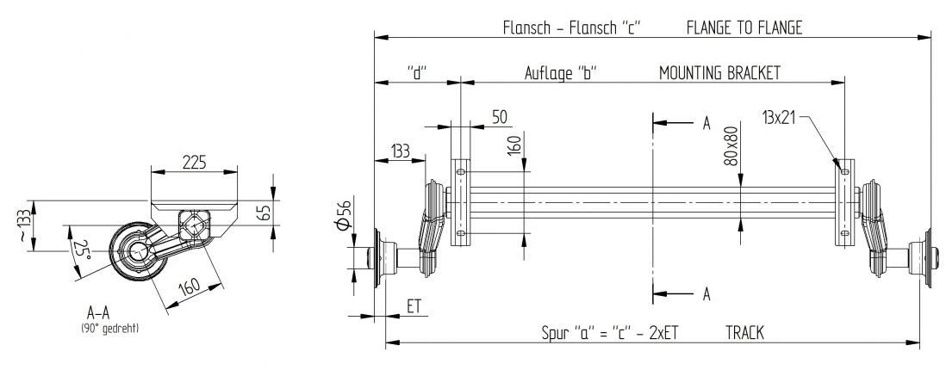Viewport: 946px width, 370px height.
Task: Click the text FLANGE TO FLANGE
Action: point(744,28)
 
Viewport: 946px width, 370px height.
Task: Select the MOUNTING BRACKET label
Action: point(719,73)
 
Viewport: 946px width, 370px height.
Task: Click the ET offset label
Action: point(414,306)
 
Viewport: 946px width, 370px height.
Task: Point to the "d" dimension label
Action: point(417,73)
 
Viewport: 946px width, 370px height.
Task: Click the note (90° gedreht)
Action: point(109,329)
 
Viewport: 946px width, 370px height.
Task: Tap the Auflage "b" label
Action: point(562,73)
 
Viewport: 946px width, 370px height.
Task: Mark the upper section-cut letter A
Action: point(706,123)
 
